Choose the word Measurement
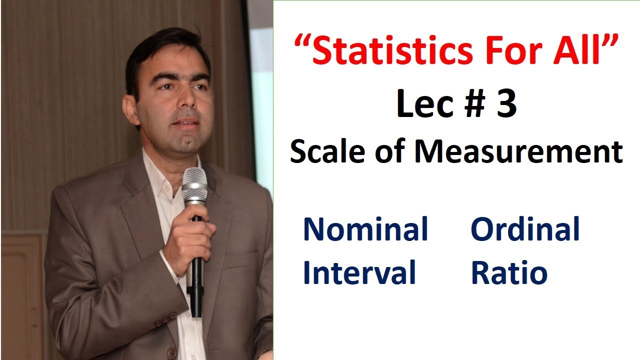(x=518, y=151)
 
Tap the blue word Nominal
(x=365, y=229)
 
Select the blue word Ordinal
(x=525, y=229)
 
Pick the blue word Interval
(x=359, y=272)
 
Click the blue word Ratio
(x=509, y=272)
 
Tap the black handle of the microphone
(x=196, y=280)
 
